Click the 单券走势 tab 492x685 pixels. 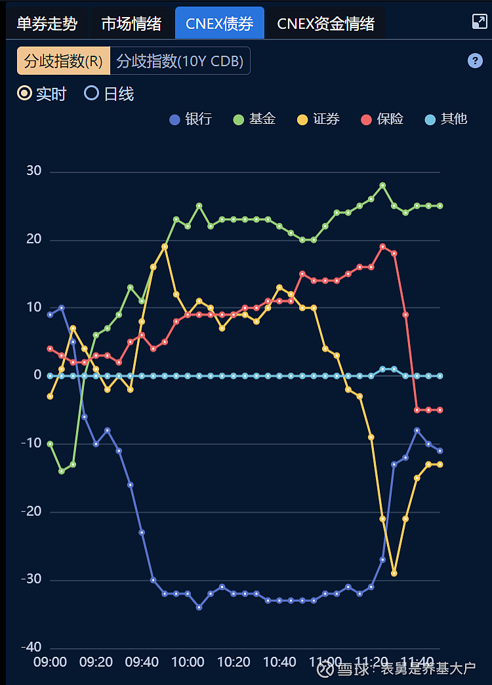47,24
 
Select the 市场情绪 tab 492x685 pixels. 131,24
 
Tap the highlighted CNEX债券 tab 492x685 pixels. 219,24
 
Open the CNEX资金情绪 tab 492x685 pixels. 325,24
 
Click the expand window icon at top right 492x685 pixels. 480,22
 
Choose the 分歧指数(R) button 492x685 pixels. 64,61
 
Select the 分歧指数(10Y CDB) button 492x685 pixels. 180,61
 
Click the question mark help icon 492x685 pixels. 475,61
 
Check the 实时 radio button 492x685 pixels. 25,94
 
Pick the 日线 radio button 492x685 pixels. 92,94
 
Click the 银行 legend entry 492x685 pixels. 190,119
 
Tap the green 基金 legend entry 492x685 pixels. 255,119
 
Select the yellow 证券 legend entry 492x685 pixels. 318,119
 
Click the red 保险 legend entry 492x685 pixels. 382,119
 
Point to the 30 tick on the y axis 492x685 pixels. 33,171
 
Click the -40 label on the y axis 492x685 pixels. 31,648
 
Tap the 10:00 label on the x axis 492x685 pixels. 188,662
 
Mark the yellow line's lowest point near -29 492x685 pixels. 394,573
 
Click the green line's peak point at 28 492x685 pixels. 382,186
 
